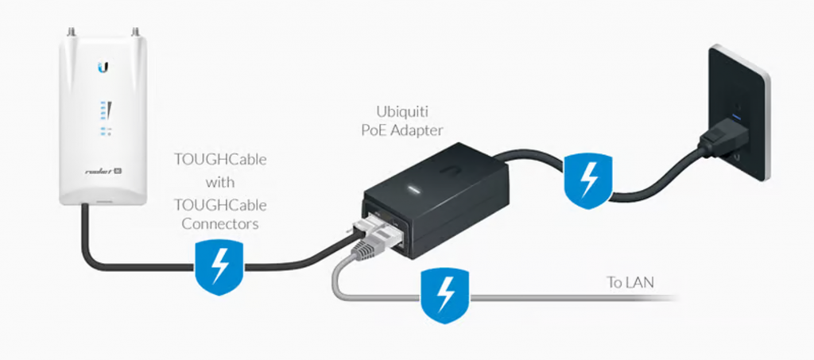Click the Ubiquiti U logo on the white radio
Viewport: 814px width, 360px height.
103,68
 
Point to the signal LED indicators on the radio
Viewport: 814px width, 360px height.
103,112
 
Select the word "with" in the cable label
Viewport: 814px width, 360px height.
219,181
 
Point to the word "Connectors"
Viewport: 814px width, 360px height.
220,224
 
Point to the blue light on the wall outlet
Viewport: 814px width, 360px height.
738,118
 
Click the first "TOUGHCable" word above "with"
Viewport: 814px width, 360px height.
220,160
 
